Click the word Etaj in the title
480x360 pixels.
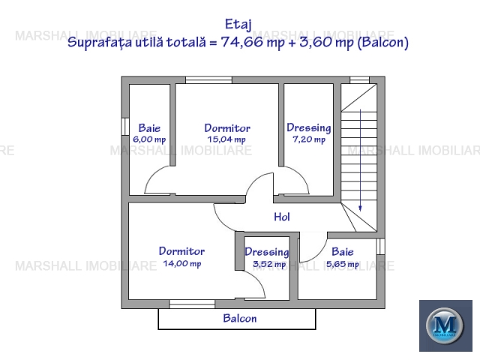(x=238, y=25)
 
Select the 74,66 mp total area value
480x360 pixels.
(x=253, y=42)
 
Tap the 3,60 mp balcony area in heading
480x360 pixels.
(x=327, y=42)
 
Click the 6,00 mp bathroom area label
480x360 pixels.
(x=149, y=139)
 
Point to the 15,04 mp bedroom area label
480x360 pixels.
(x=226, y=139)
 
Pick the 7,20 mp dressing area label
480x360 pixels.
(x=309, y=139)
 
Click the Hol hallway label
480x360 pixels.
(x=282, y=217)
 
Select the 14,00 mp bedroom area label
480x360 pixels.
(x=182, y=263)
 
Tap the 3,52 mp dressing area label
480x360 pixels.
(x=269, y=264)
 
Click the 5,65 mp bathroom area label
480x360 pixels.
(x=343, y=264)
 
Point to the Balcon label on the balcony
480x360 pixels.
(x=240, y=318)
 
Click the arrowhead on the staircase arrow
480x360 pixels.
(x=360, y=208)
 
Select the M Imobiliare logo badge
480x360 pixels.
(x=445, y=325)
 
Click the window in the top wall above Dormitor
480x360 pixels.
(x=208, y=80)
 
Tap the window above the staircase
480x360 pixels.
(x=360, y=80)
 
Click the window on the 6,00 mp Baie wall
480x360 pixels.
(x=125, y=127)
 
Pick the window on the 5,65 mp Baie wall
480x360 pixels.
(x=380, y=247)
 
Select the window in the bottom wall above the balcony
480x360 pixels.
(x=192, y=304)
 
